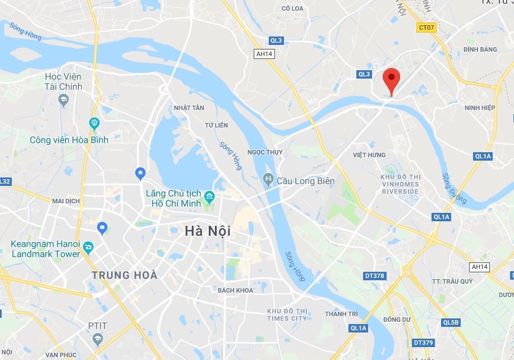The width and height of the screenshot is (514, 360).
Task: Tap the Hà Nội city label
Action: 208,231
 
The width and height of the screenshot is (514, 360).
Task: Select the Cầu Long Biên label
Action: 305,181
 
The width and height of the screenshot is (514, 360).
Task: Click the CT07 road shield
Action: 426,27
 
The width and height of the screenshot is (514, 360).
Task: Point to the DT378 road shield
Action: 374,276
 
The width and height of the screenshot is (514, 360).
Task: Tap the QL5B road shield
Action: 451,322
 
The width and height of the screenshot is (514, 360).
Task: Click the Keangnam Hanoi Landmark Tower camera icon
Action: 88,247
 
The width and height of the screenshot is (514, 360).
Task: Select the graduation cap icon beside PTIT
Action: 98,338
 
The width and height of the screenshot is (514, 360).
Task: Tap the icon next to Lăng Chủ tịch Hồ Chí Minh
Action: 210,196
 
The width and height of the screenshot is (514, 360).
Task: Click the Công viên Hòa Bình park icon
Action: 94,122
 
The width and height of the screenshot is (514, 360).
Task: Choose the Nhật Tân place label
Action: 189,108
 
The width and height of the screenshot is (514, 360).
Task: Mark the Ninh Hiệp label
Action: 480,108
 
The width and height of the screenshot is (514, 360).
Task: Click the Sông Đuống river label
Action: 454,188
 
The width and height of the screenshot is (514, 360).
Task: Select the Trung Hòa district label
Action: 125,276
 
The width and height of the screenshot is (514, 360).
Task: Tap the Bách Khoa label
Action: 236,290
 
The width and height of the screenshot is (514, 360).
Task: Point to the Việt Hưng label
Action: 369,155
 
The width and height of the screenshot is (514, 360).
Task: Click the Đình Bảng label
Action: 480,49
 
